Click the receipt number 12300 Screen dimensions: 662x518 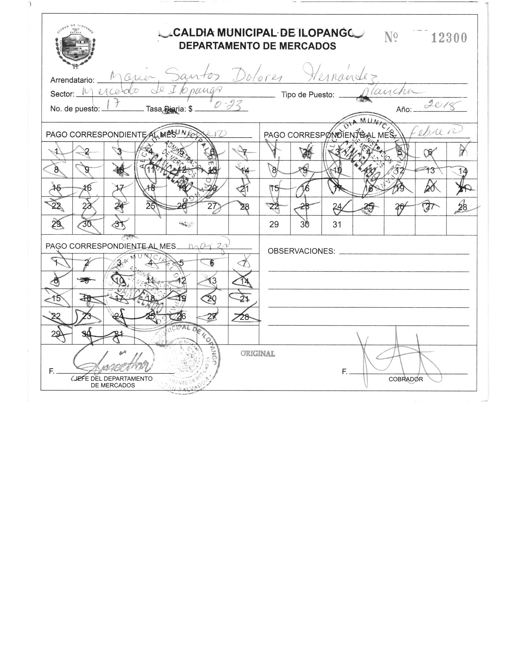449,38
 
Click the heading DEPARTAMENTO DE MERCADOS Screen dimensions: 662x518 257,46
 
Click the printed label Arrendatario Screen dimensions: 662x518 72,80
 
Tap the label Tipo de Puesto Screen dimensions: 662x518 308,95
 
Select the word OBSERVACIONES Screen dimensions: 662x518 301,251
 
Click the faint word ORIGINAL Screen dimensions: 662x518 257,353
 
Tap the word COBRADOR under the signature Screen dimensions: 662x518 406,379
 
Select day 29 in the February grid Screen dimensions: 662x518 274,224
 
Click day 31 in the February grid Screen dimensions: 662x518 337,224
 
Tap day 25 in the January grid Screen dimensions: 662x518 150,206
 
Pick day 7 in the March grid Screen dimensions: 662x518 244,263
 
